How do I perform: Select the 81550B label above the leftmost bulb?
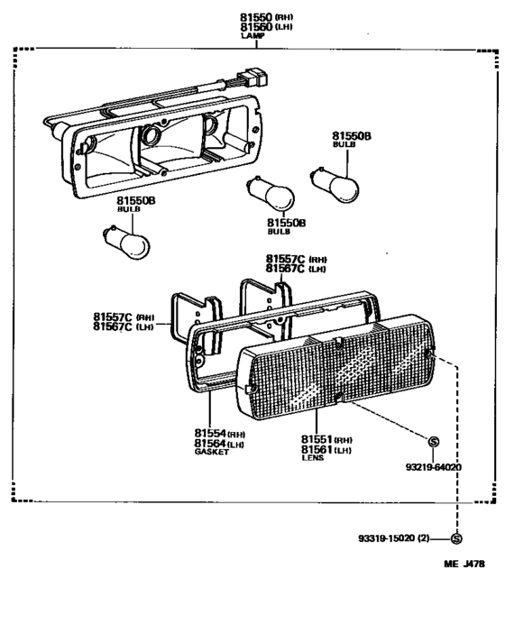point(136,199)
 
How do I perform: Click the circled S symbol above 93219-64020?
point(434,442)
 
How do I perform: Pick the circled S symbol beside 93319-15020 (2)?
point(455,539)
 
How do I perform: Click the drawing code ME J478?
point(464,565)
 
